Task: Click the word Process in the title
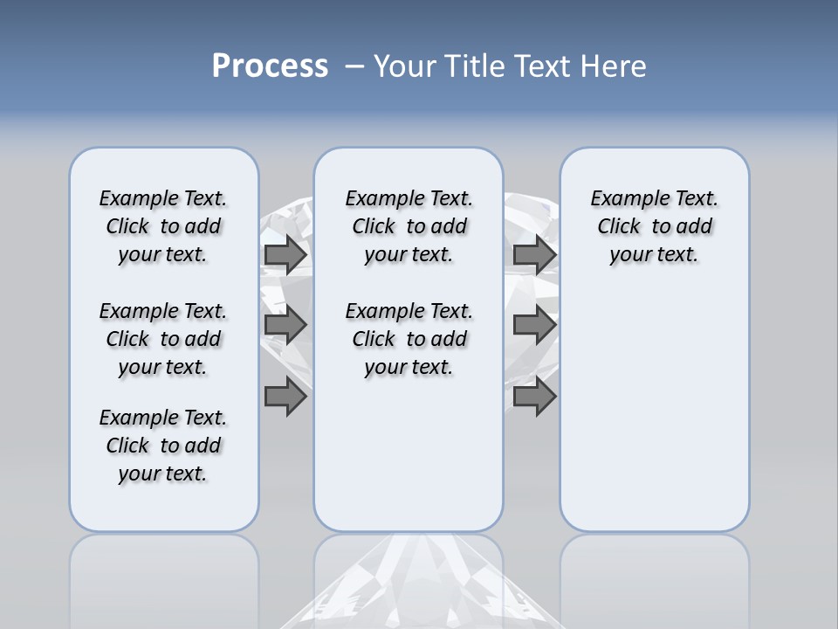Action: point(270,66)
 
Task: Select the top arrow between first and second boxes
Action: point(285,255)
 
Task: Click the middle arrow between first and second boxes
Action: point(285,325)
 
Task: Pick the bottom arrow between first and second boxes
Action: point(285,397)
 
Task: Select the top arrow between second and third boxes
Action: point(534,255)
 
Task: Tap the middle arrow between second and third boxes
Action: point(534,325)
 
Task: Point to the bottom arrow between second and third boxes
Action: point(534,397)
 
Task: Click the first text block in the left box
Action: point(163,226)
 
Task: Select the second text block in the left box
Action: point(163,339)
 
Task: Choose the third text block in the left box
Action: point(163,446)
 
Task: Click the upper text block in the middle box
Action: point(409,226)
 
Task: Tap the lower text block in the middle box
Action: point(409,339)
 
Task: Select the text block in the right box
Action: point(654,226)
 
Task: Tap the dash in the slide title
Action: point(354,66)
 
